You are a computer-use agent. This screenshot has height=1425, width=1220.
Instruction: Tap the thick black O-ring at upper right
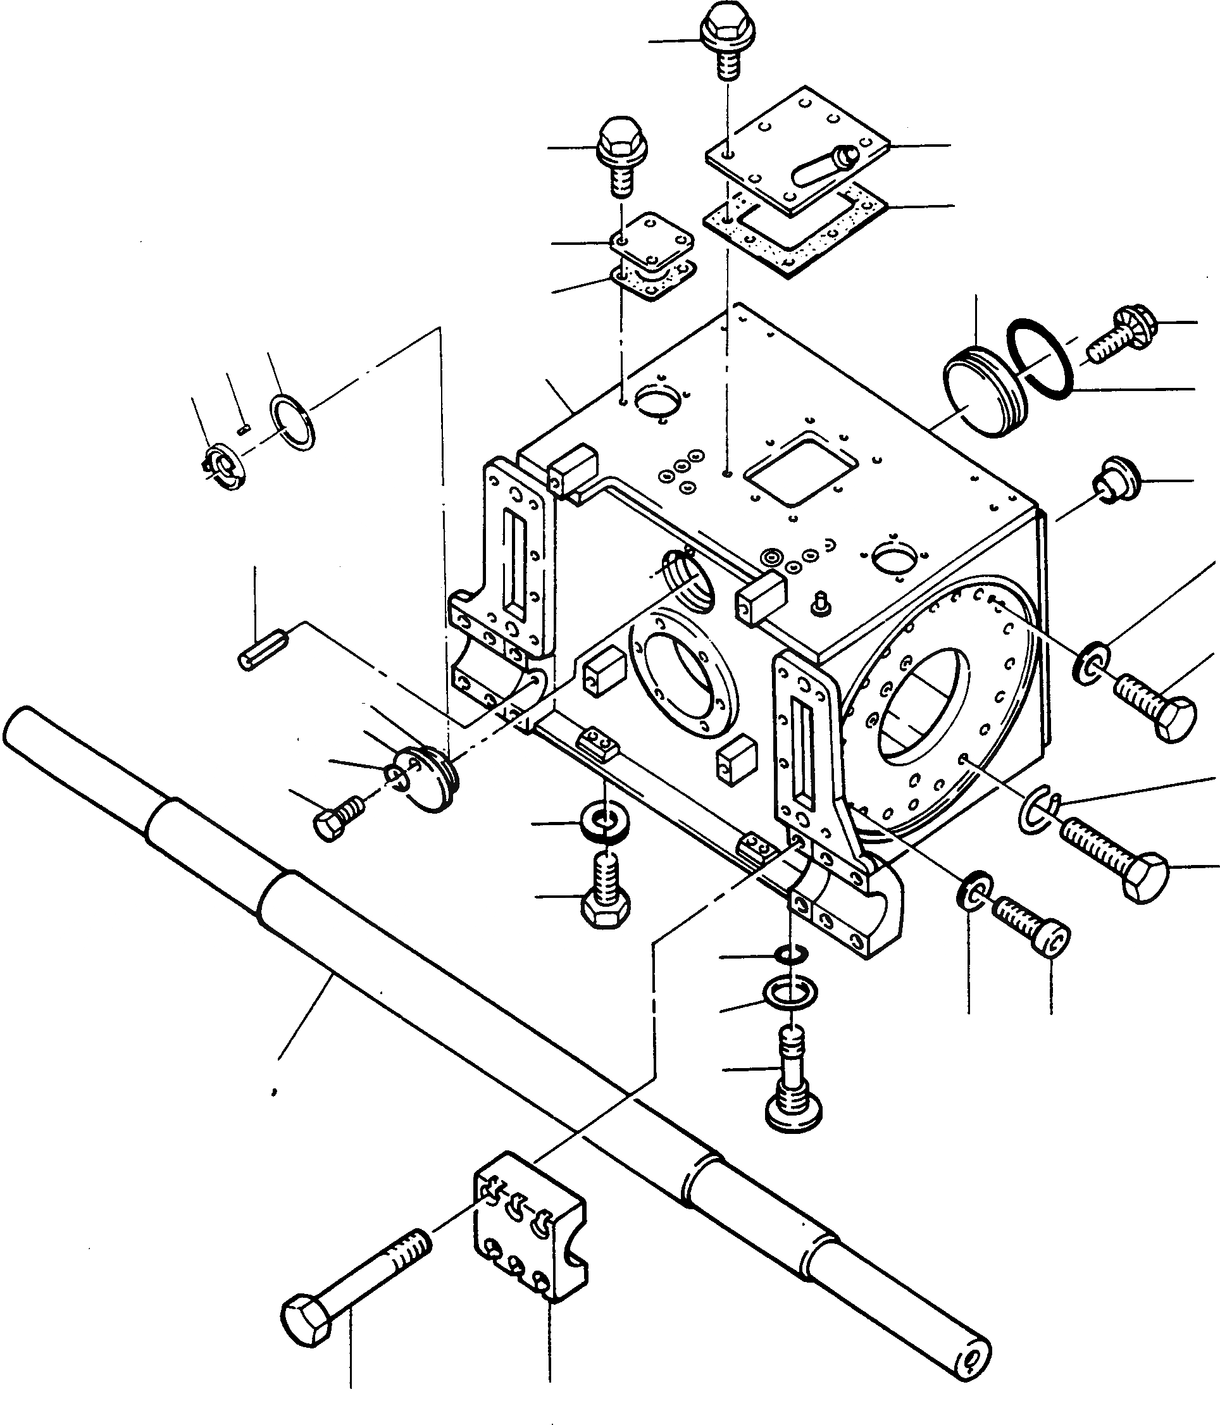1039,358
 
